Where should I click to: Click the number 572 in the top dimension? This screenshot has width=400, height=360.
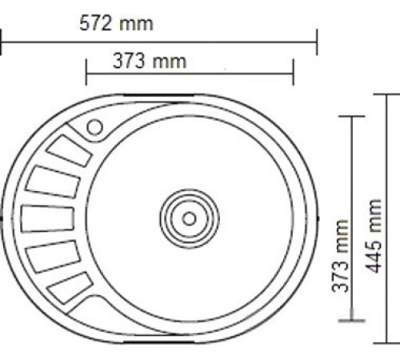(x=96, y=23)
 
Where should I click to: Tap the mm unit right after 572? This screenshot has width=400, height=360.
(x=136, y=23)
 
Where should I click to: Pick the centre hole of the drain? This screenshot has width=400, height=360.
(x=189, y=217)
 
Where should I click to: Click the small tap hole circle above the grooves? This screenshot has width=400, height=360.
(x=95, y=126)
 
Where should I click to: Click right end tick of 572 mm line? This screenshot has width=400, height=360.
(x=318, y=42)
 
